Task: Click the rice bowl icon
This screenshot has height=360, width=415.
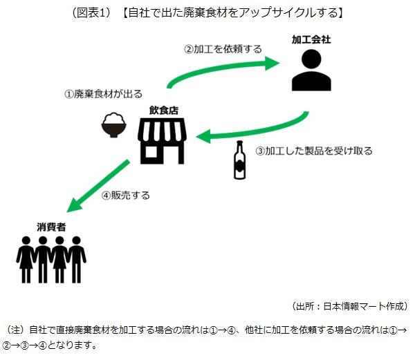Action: pyautogui.click(x=113, y=127)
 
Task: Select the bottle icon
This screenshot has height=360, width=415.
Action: pyautogui.click(x=240, y=160)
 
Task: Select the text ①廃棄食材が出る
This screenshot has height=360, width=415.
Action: pyautogui.click(x=104, y=93)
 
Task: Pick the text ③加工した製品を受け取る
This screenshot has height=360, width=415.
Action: pyautogui.click(x=314, y=151)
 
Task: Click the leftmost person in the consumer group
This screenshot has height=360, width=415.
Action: pyautogui.click(x=26, y=260)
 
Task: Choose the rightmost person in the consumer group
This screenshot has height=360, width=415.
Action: pyautogui.click(x=77, y=260)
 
